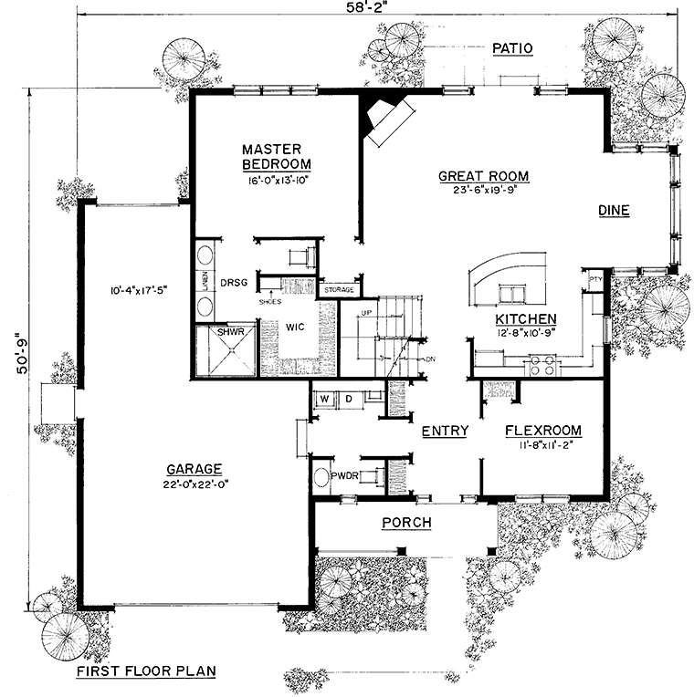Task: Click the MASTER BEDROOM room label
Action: (277, 156)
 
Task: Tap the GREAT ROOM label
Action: (483, 176)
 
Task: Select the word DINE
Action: (614, 211)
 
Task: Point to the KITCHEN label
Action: (526, 318)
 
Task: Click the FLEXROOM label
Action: (542, 431)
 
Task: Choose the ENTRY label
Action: (446, 431)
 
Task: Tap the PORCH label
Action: (405, 522)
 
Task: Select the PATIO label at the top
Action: (511, 47)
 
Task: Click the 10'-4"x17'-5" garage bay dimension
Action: (136, 289)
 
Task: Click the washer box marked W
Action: (323, 399)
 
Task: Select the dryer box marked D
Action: (348, 399)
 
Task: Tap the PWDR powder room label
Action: (343, 474)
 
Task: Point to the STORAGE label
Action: (338, 290)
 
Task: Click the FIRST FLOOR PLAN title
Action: (145, 671)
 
